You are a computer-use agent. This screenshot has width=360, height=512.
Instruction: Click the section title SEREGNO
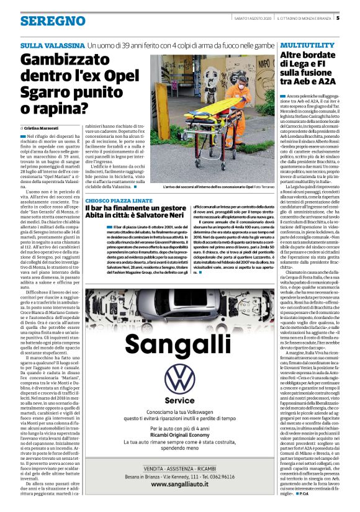tap(52, 22)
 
